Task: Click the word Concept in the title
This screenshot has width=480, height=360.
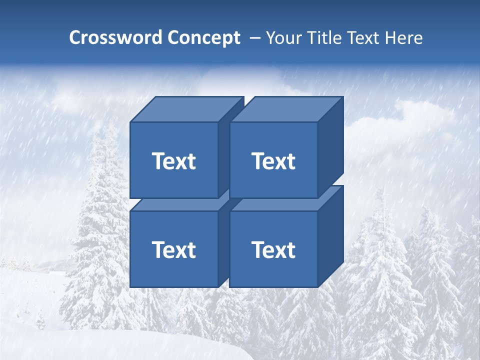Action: (204, 38)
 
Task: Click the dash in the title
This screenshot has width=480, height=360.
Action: (254, 38)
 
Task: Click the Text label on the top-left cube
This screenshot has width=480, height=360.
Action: (173, 161)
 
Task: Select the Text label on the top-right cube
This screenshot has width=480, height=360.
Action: (273, 161)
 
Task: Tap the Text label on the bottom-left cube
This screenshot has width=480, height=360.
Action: (173, 249)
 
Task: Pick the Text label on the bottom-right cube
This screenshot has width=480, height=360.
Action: (273, 249)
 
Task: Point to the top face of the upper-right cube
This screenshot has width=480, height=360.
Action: (286, 109)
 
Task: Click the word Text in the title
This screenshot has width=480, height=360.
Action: (363, 38)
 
